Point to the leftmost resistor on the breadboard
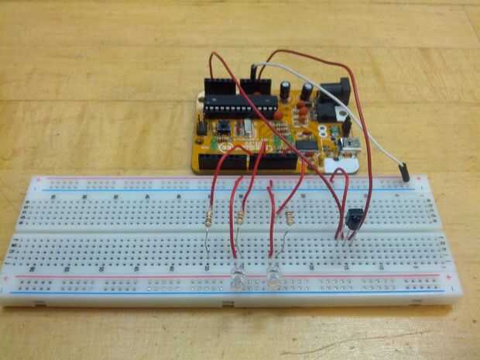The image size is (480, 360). coord(210,219)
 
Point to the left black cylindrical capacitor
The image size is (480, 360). coord(286,91)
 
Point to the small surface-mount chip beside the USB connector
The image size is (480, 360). coord(307,143)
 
